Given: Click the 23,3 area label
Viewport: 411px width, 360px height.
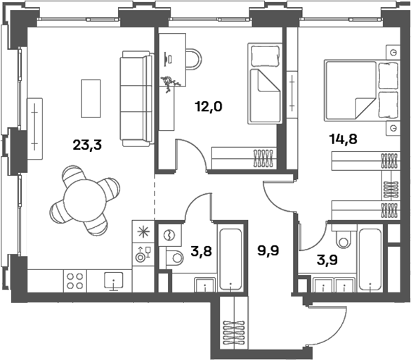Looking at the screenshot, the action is coord(87,145).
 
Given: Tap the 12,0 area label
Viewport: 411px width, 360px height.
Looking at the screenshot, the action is coord(209,107).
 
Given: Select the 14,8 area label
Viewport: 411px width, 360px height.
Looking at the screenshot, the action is coord(344,139).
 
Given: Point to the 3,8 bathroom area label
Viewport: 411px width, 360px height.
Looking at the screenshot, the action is coord(202,251).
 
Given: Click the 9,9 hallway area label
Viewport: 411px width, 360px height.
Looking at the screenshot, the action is coord(268,250).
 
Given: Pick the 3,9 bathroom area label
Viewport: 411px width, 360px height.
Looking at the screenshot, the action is coord(327,260).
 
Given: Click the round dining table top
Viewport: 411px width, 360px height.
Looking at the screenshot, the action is coord(85,200).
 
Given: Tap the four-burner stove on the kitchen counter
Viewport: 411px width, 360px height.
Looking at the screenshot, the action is coord(75,281).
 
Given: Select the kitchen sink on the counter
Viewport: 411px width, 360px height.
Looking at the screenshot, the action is coord(114,281).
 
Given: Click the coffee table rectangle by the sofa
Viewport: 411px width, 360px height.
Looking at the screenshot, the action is coord(91,98).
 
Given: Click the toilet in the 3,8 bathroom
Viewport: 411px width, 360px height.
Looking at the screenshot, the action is coord(174,258).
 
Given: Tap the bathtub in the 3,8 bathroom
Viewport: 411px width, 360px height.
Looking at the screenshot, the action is coord(230,259).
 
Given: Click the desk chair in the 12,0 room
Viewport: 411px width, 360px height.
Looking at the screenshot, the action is coord(194,59).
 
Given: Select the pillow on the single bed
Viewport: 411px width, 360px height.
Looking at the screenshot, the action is coord(265,56).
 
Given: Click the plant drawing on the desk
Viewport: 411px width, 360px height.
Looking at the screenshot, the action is coord(170,84).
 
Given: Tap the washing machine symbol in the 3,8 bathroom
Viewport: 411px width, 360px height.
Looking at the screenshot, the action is coord(169,235).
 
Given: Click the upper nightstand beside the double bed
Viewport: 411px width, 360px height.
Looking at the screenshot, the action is coord(393,52).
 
